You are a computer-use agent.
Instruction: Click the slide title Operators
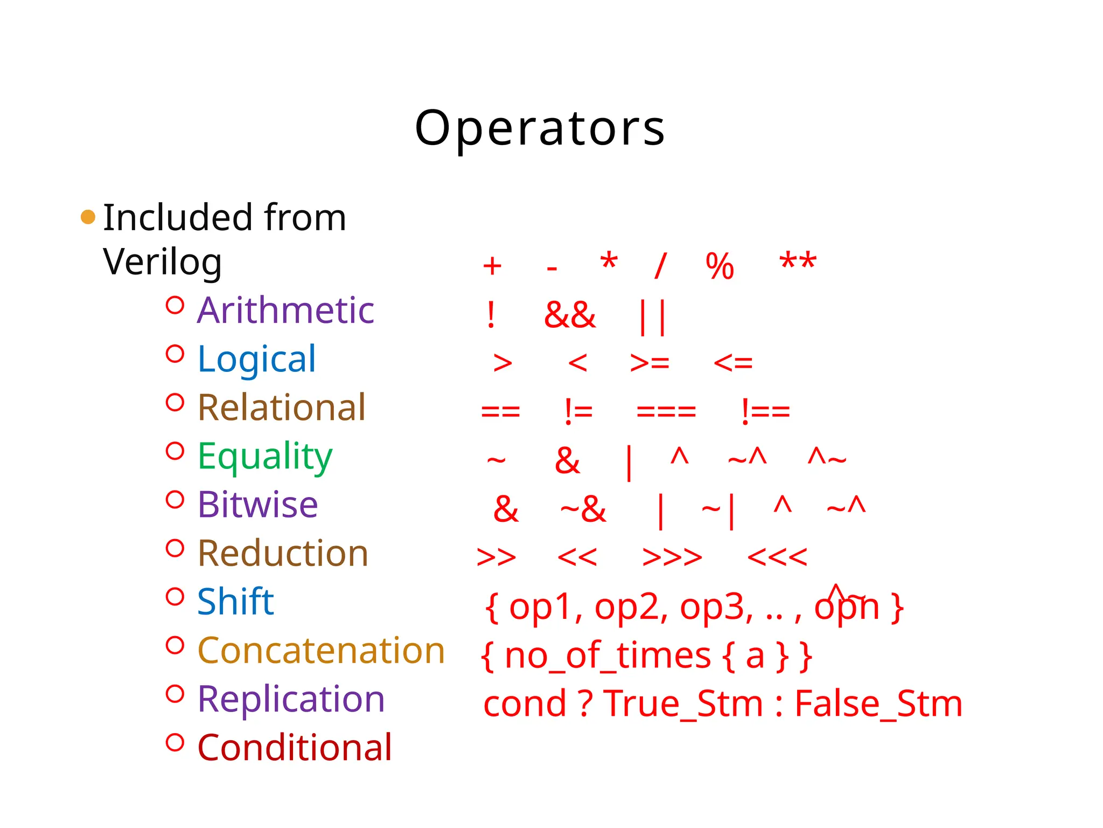pos(540,128)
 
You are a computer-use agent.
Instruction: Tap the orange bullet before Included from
pos(88,217)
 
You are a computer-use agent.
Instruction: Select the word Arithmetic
pos(285,310)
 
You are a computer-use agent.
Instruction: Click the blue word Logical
pos(256,359)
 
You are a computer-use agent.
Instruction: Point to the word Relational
pos(282,408)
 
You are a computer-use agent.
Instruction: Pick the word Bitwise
pos(257,505)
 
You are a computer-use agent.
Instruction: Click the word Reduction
pos(283,554)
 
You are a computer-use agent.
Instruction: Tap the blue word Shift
pos(235,602)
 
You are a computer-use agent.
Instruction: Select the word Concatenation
pos(321,651)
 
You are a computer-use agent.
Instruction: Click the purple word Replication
pos(291,699)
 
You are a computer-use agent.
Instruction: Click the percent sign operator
pos(720,266)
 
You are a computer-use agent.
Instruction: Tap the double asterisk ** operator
pos(798,263)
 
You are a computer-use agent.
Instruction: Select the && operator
pos(570,315)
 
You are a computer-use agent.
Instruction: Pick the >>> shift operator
pos(672,557)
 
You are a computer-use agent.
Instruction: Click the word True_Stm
pos(683,704)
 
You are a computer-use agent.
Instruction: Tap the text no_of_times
pos(608,656)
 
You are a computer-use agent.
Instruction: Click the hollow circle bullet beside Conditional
pos(175,742)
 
